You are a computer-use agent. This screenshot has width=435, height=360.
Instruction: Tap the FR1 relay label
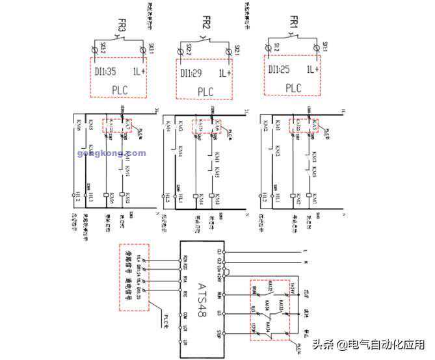[x=294, y=23]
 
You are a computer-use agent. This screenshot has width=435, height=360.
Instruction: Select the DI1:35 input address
[x=105, y=71]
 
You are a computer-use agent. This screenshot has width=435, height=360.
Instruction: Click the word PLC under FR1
[x=294, y=88]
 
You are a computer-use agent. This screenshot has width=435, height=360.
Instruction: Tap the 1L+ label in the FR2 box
[x=225, y=73]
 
